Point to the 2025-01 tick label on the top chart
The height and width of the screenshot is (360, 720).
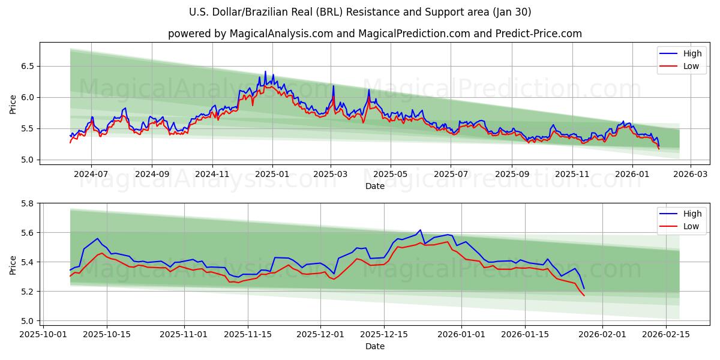point(272,174)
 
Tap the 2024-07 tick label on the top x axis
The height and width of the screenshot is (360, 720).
point(91,174)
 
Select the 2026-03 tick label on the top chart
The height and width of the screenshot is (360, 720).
point(690,174)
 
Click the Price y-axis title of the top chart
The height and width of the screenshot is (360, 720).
point(13,103)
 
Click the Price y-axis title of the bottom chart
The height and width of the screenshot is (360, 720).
point(13,264)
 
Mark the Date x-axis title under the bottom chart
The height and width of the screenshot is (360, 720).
point(375,346)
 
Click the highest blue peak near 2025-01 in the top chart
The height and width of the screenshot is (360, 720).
point(265,71)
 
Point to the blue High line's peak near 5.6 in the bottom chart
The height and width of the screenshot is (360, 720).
point(420,230)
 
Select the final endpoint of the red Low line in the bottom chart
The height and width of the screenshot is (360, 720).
point(584,295)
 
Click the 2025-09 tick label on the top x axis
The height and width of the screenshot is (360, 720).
point(512,174)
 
